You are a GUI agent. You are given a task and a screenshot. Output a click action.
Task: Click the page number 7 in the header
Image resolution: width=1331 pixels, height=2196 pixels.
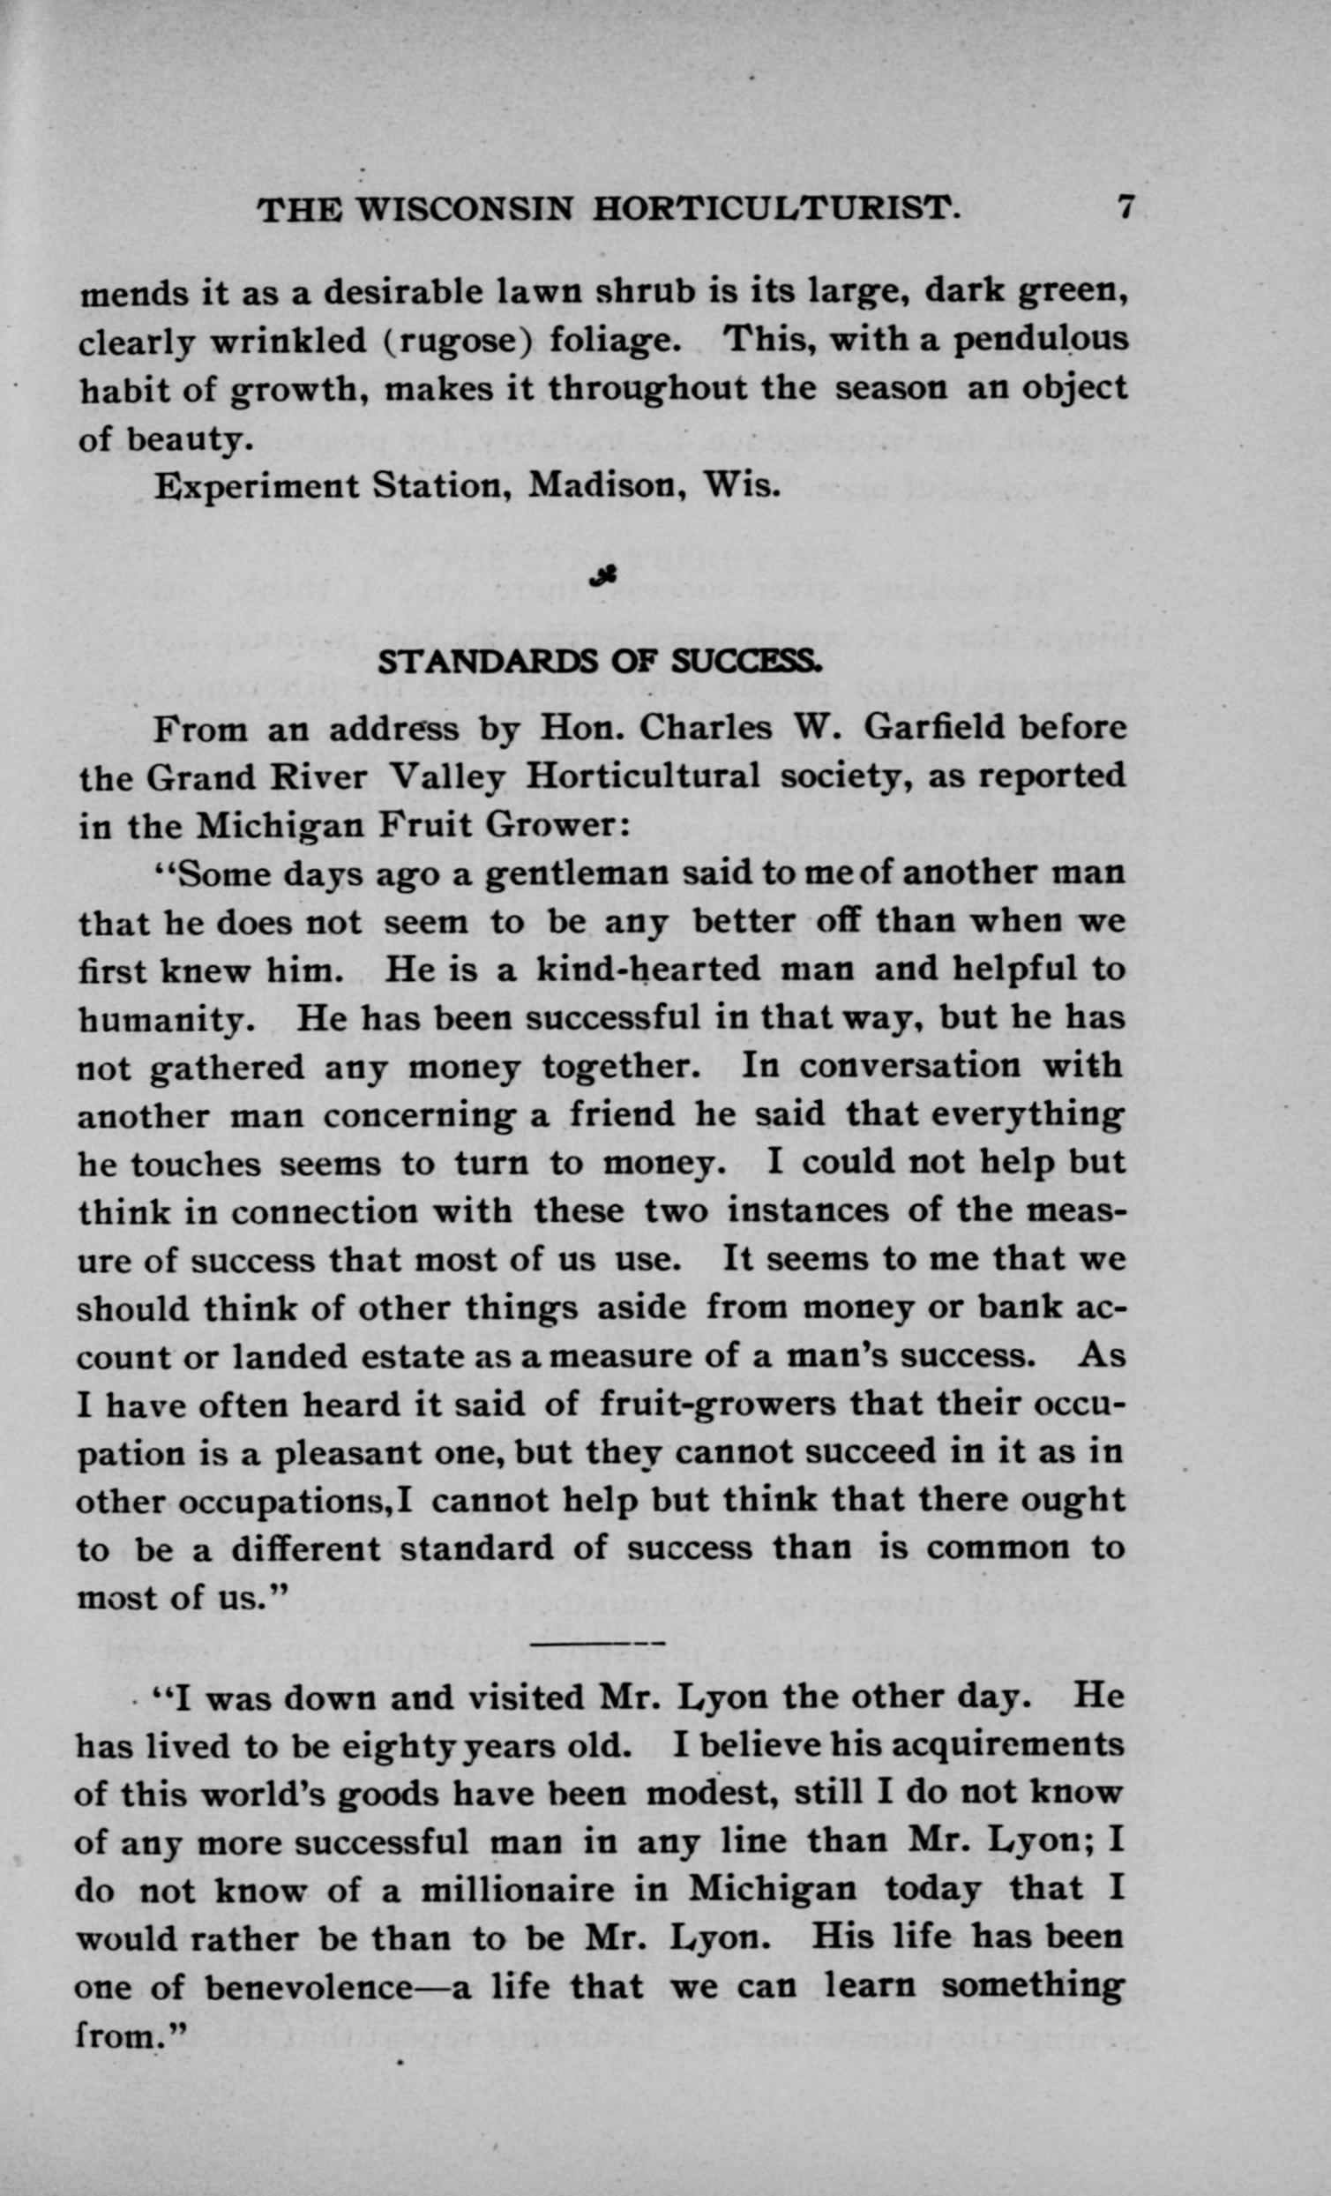click(1125, 207)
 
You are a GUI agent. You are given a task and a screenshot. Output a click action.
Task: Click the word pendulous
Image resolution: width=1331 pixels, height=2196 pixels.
click(1041, 341)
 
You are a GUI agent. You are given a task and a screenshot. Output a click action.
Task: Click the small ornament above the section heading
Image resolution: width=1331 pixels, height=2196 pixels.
click(604, 579)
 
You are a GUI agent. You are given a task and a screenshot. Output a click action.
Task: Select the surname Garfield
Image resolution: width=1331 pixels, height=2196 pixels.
click(935, 728)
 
